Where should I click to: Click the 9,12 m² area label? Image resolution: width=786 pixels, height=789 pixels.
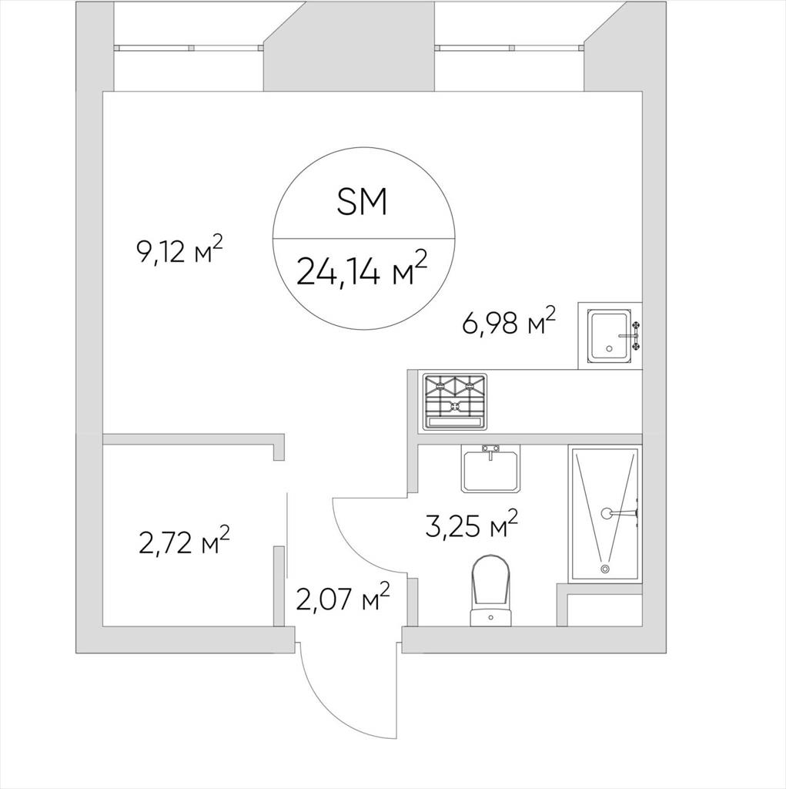pos(179,250)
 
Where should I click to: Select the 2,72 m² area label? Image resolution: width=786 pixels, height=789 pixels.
pos(183,540)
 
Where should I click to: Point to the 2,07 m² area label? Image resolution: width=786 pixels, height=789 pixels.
pos(343,597)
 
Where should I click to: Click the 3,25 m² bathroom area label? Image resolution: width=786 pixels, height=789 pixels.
pos(471,524)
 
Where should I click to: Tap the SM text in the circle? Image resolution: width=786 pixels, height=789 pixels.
pos(362,202)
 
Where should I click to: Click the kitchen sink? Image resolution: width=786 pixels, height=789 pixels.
pos(610,336)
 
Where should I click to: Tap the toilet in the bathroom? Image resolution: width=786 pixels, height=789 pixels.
pos(491,590)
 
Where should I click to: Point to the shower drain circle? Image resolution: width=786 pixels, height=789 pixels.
pos(605,569)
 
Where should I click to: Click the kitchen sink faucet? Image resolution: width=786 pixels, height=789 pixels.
pos(631,335)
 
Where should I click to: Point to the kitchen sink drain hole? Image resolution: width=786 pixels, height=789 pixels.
pos(610,348)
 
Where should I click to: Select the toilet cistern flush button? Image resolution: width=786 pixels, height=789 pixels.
pos(491,616)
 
